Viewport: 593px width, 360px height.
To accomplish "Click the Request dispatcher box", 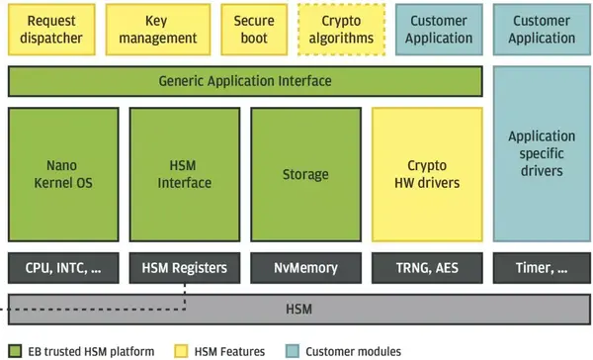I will (x=51, y=30).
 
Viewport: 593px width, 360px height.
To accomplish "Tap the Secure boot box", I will (x=254, y=30).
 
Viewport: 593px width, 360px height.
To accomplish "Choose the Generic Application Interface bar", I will (x=245, y=81).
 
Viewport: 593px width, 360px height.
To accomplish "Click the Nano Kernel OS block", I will (x=63, y=174).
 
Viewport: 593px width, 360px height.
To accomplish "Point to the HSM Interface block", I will (x=185, y=174).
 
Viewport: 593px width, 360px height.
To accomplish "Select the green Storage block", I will (x=305, y=174).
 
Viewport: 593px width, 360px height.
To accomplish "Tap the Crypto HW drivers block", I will (x=427, y=174).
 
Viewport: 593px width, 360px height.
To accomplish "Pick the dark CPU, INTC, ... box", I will (x=63, y=267).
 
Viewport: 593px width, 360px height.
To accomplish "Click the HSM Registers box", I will (x=185, y=267).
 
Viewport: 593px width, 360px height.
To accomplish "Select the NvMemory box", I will (x=305, y=267).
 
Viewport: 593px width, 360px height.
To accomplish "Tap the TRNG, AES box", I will (x=427, y=267).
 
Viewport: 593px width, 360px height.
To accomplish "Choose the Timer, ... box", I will (x=542, y=267).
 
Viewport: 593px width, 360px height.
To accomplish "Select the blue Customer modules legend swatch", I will (x=291, y=351).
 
